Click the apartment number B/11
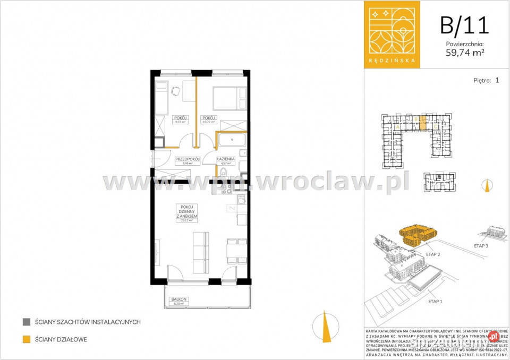464,24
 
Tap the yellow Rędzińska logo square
391,34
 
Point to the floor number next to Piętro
497,81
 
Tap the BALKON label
178,300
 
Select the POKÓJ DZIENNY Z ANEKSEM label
186,212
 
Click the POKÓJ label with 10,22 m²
208,119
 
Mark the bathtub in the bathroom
231,141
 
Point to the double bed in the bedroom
228,97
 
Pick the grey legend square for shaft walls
26,322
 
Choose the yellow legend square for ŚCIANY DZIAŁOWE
26,339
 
